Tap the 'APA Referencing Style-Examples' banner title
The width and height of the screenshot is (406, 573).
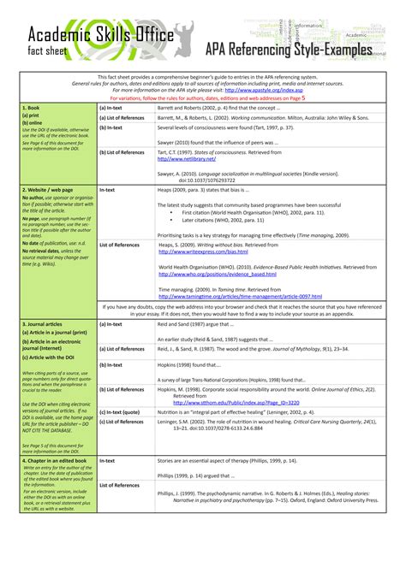pos(289,50)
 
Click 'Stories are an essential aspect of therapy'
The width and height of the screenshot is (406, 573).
pos(224,461)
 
